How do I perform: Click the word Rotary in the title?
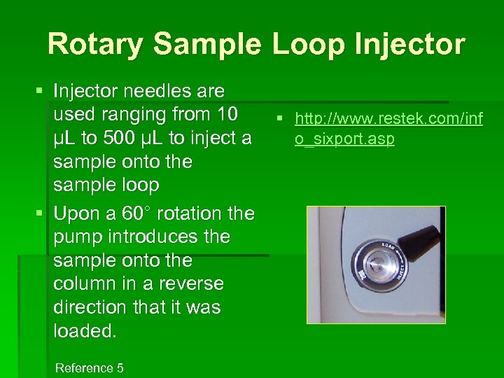click(94, 44)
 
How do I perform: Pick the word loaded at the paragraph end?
click(85, 331)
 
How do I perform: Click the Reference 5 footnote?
click(89, 367)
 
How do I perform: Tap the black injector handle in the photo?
click(417, 241)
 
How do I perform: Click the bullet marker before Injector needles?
click(40, 91)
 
